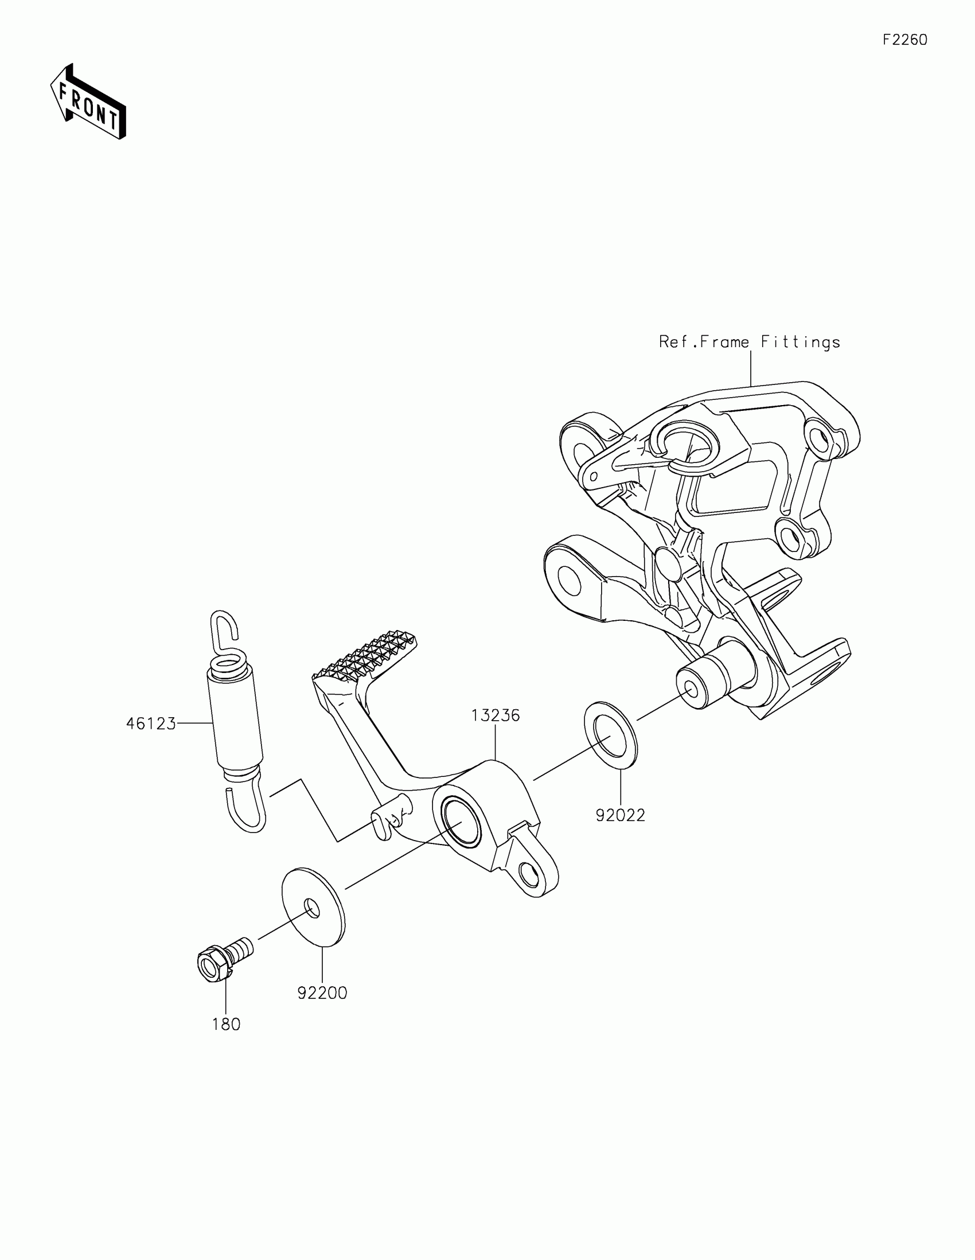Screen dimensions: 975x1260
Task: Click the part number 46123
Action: (x=150, y=724)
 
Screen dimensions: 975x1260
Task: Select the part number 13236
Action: (x=496, y=715)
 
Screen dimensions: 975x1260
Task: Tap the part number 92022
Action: (x=621, y=815)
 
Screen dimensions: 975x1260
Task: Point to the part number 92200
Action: (x=322, y=993)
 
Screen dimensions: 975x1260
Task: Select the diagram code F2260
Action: (x=905, y=40)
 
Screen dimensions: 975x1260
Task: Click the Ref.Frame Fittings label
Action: (x=750, y=342)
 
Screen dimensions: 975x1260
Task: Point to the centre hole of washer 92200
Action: (x=311, y=908)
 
